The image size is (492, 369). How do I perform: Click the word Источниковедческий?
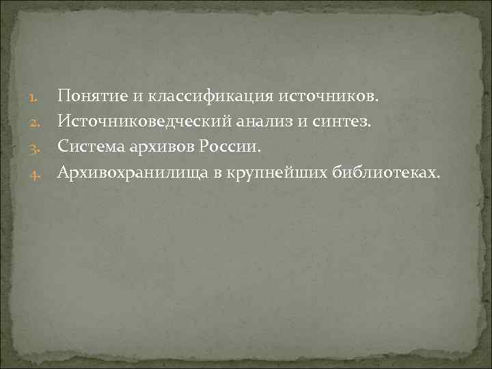pyautogui.click(x=139, y=121)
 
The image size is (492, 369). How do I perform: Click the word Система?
pyautogui.click(x=85, y=146)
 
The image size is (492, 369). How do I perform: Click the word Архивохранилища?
pyautogui.click(x=132, y=172)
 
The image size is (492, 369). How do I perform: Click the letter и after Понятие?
pyautogui.click(x=127, y=96)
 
